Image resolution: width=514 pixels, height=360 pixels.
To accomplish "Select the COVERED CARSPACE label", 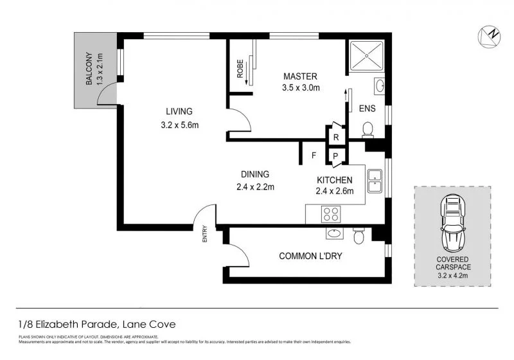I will (452, 265).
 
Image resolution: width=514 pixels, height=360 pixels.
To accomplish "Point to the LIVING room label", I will (179, 111).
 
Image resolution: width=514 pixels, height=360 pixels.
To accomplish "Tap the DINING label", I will (255, 174).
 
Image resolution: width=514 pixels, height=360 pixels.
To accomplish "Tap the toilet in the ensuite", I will (368, 130).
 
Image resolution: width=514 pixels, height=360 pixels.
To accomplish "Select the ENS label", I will (368, 108).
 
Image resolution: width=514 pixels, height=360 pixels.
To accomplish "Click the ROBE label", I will (240, 69).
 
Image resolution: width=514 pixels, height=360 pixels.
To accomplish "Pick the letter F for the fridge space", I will (314, 155).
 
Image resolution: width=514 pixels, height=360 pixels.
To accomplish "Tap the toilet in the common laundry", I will (359, 237).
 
